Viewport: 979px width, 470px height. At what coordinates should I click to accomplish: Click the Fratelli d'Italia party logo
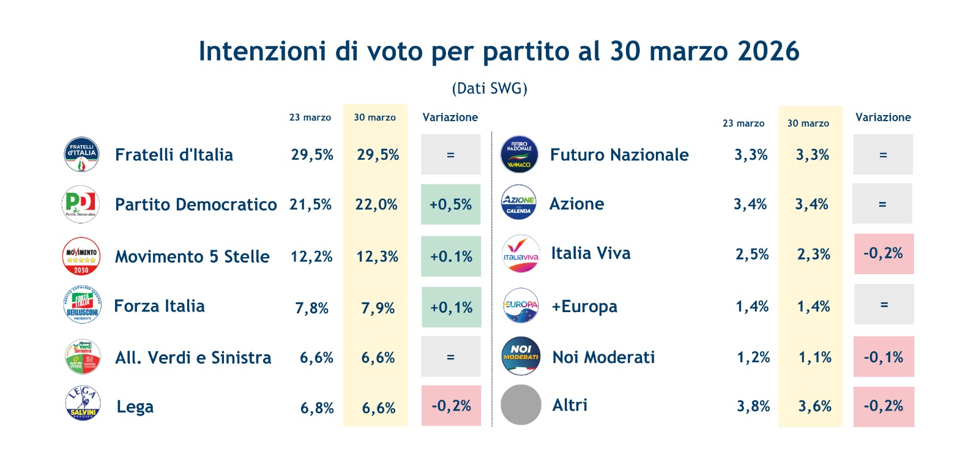pos(81,154)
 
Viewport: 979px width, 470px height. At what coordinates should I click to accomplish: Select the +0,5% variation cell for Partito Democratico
pos(450,204)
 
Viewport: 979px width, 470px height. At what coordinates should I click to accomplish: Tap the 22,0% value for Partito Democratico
pos(376,204)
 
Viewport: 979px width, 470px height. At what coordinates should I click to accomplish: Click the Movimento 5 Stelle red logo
pos(81,256)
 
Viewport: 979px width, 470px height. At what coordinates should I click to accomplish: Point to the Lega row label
pos(135,407)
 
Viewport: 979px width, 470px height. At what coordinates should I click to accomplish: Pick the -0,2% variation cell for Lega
pos(451,406)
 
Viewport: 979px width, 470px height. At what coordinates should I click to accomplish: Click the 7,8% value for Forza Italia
pos(311,308)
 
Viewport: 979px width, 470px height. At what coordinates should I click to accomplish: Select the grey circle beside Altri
pos(521,405)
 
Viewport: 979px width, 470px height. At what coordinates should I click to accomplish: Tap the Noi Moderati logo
pos(521,356)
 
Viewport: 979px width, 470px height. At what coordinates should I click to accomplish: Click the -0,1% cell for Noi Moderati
pos(883,357)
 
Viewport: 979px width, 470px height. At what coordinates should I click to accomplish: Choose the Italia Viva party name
pos(590,253)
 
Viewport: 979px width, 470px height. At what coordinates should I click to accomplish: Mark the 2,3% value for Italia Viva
pos(813,254)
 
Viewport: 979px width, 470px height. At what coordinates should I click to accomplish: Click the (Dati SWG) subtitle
pos(489,89)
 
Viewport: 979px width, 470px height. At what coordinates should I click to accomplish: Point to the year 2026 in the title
pos(768,51)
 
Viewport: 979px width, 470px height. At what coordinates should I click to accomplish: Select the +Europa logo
pos(521,305)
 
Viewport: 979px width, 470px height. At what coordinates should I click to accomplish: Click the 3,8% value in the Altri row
pos(753,406)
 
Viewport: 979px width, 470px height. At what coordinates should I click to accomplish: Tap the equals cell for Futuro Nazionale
pos(882,155)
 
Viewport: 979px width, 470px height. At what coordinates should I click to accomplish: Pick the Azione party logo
pos(519,203)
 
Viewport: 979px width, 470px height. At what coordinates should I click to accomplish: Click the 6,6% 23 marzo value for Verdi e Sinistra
pos(316,358)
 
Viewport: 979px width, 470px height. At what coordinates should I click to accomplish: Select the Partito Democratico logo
pos(81,204)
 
